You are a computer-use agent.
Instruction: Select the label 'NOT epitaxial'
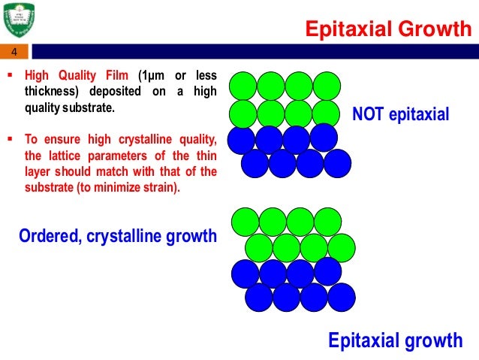[400, 114]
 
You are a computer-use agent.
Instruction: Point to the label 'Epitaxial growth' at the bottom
[395, 340]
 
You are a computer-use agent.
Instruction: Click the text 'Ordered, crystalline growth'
[117, 237]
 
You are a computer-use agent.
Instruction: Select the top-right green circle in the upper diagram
[327, 86]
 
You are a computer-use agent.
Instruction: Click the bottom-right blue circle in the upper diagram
[337, 163]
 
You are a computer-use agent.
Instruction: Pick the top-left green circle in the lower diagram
[245, 221]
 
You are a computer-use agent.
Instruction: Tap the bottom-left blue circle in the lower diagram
[259, 298]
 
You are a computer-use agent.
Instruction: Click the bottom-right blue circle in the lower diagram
[342, 298]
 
